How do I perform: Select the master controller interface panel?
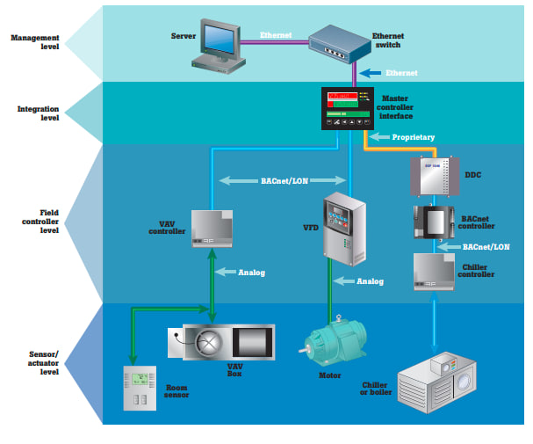coord(349,109)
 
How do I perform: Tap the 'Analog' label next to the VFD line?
coord(370,281)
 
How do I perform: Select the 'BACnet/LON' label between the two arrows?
coord(284,180)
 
